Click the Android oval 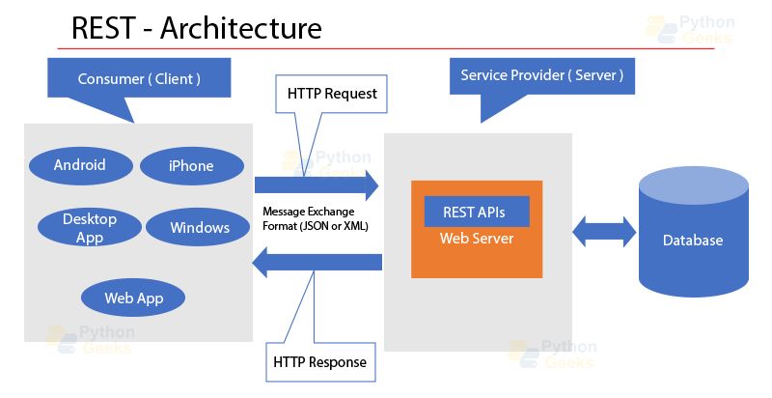(80, 165)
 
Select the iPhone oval (190, 166)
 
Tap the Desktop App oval (90, 228)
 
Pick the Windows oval (200, 228)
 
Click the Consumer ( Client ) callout (139, 79)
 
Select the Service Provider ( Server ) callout (541, 75)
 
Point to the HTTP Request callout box (332, 95)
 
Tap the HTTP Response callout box (319, 362)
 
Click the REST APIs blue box (477, 212)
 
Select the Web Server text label (477, 239)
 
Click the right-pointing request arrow (317, 184)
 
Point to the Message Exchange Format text (316, 218)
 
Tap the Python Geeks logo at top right (690, 30)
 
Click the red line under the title (386, 47)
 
